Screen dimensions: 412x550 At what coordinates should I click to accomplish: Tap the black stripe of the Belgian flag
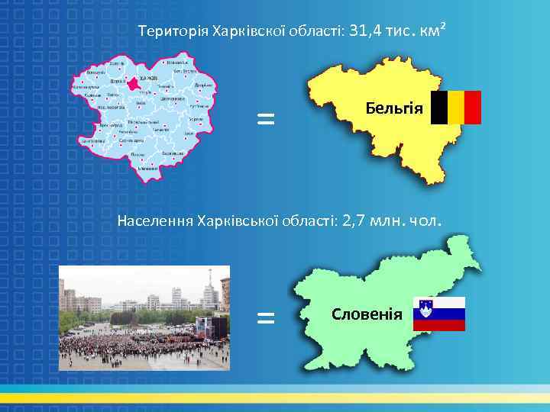tap(439, 108)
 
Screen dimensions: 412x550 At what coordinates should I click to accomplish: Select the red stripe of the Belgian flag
tap(473, 108)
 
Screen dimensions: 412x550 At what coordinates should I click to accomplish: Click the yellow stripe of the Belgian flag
tap(456, 108)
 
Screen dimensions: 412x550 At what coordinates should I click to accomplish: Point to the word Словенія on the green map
tap(367, 314)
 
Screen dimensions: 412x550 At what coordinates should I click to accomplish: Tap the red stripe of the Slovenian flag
tap(439, 326)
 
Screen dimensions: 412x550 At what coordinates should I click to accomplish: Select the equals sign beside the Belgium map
tap(265, 118)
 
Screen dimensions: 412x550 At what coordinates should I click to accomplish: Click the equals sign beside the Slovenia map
tap(265, 317)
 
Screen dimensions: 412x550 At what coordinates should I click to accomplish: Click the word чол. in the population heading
tap(425, 221)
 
